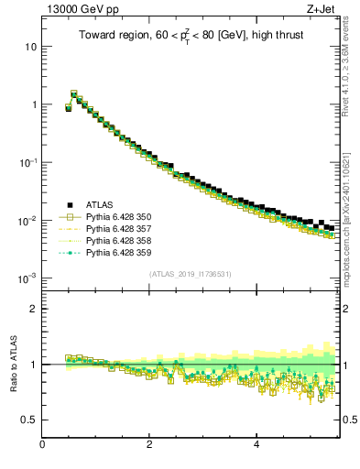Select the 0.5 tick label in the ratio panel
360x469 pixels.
(x=28, y=420)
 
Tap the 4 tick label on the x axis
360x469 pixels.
(x=256, y=445)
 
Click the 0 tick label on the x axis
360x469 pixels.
(x=42, y=445)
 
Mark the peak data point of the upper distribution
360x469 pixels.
(x=73, y=93)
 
